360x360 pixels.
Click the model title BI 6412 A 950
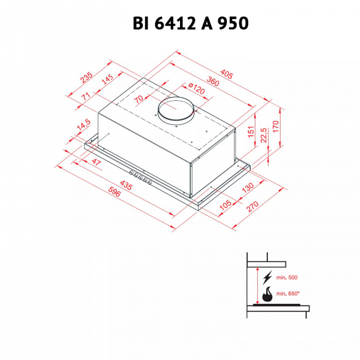point(179,23)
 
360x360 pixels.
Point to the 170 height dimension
point(276,125)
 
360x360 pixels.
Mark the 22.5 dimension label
point(263,136)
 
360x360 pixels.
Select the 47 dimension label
point(96,162)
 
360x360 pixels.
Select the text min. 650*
point(287,294)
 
